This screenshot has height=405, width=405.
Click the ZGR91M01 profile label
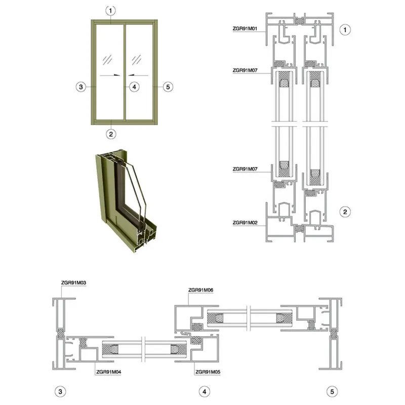pos(245,29)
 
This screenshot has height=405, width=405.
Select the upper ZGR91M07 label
pos(245,70)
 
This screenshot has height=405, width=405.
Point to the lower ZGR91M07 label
pos(245,169)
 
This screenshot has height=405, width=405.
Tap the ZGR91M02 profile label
pos(245,223)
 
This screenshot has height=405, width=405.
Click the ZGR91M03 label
pos(73,282)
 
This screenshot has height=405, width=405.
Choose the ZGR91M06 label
pos(200,290)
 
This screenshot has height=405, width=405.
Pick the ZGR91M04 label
pos(108,372)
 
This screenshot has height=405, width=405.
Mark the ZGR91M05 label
pos(208,372)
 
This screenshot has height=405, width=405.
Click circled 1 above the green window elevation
pos(110,11)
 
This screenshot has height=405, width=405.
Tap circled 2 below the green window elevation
pos(111,134)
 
